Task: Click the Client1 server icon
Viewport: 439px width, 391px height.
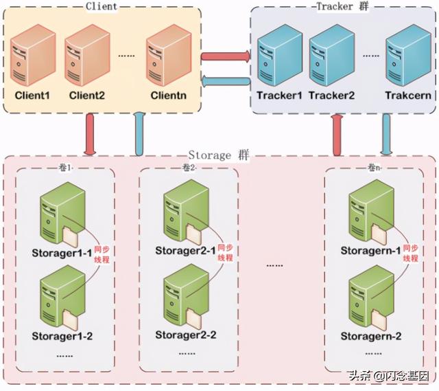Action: click(33, 55)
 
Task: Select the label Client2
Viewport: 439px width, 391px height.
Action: click(87, 96)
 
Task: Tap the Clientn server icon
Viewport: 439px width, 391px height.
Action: click(169, 55)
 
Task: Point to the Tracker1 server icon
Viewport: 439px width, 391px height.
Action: click(280, 55)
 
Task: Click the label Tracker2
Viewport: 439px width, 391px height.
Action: click(331, 96)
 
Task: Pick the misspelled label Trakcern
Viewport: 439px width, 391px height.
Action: click(408, 96)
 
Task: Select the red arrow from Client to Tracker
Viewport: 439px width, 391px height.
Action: click(226, 56)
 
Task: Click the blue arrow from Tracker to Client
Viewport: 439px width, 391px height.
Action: click(226, 81)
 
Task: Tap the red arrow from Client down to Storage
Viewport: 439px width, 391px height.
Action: click(90, 134)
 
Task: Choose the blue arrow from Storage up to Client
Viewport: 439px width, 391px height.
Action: click(139, 134)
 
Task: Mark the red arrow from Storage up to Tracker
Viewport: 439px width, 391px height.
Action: click(337, 135)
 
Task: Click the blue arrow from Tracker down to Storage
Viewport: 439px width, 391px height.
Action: click(386, 135)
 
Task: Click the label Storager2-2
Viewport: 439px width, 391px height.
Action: click(186, 335)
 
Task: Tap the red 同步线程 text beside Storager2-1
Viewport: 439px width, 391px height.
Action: click(226, 253)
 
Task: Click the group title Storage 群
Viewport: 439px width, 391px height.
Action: click(219, 155)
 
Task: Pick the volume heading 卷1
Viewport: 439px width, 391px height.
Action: click(65, 168)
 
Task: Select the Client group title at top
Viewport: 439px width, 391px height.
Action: click(102, 6)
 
